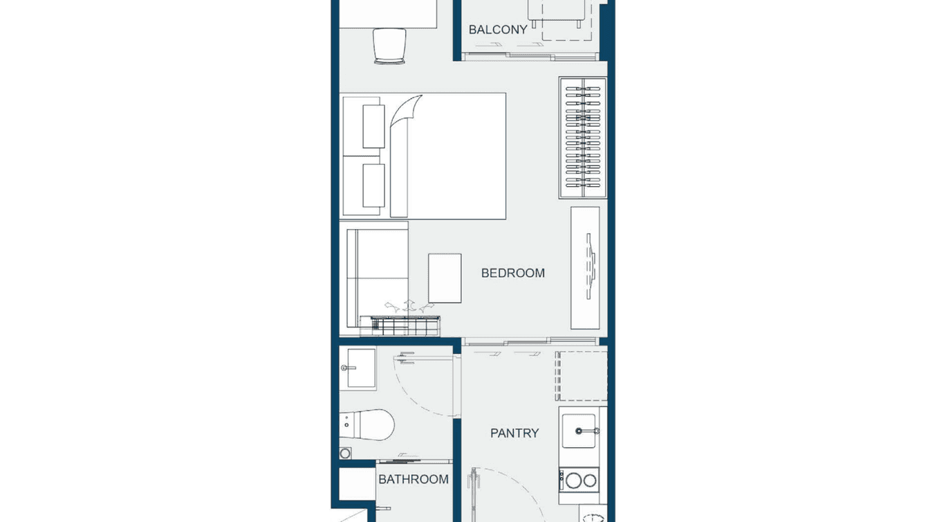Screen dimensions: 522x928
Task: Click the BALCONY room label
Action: point(498,30)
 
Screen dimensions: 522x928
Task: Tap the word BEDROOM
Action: point(512,273)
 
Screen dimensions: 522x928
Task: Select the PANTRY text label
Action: point(514,433)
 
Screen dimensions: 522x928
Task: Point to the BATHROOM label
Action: point(413,478)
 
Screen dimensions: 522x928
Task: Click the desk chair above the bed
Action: point(389,46)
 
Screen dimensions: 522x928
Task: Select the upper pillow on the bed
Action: point(373,126)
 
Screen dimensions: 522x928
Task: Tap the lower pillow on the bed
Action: point(373,185)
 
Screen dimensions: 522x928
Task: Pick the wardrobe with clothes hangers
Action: point(582,137)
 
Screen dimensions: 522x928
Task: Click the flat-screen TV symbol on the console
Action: point(590,267)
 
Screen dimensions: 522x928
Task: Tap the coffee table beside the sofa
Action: point(444,278)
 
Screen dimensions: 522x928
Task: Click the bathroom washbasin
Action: point(358,368)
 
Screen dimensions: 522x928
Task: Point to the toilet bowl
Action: point(370,424)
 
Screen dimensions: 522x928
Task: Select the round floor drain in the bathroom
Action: point(345,453)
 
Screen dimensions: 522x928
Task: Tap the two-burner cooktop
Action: point(579,479)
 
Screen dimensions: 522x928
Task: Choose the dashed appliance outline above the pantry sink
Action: point(582,376)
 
